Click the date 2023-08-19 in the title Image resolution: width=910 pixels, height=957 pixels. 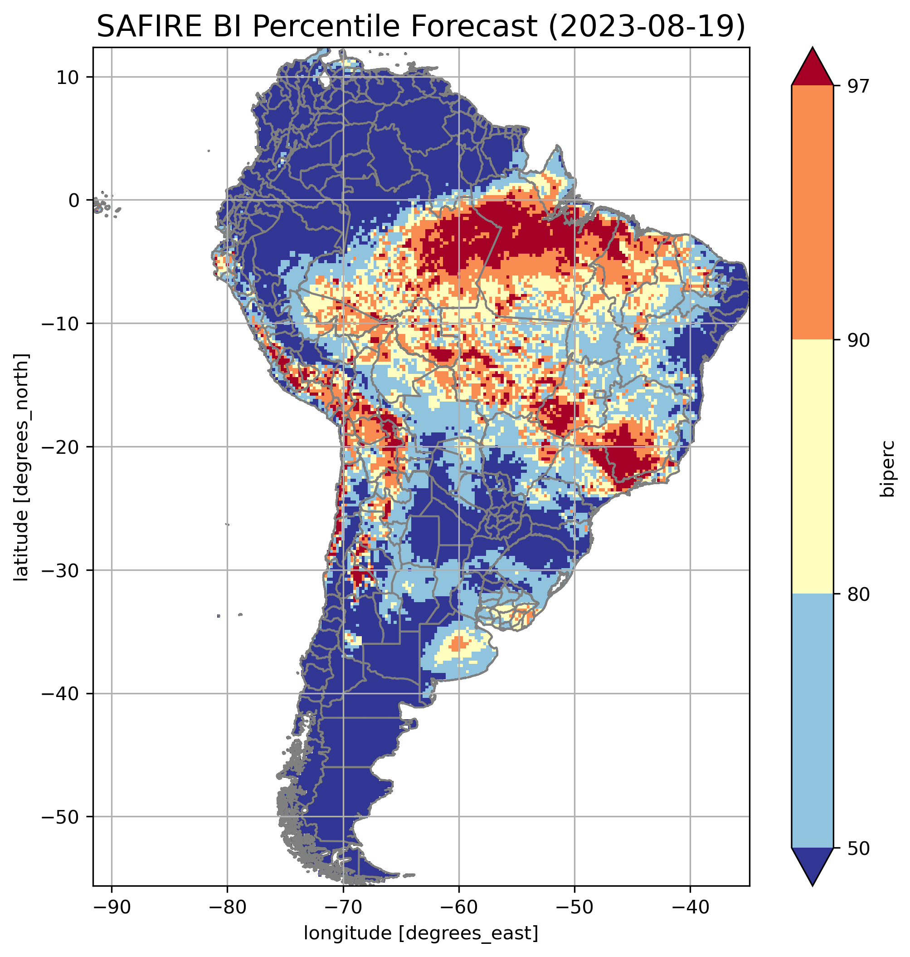[646, 26]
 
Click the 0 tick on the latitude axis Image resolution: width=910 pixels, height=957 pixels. [74, 200]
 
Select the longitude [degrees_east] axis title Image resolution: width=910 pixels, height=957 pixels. [421, 932]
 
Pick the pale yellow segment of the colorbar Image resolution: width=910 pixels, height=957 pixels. [812, 466]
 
